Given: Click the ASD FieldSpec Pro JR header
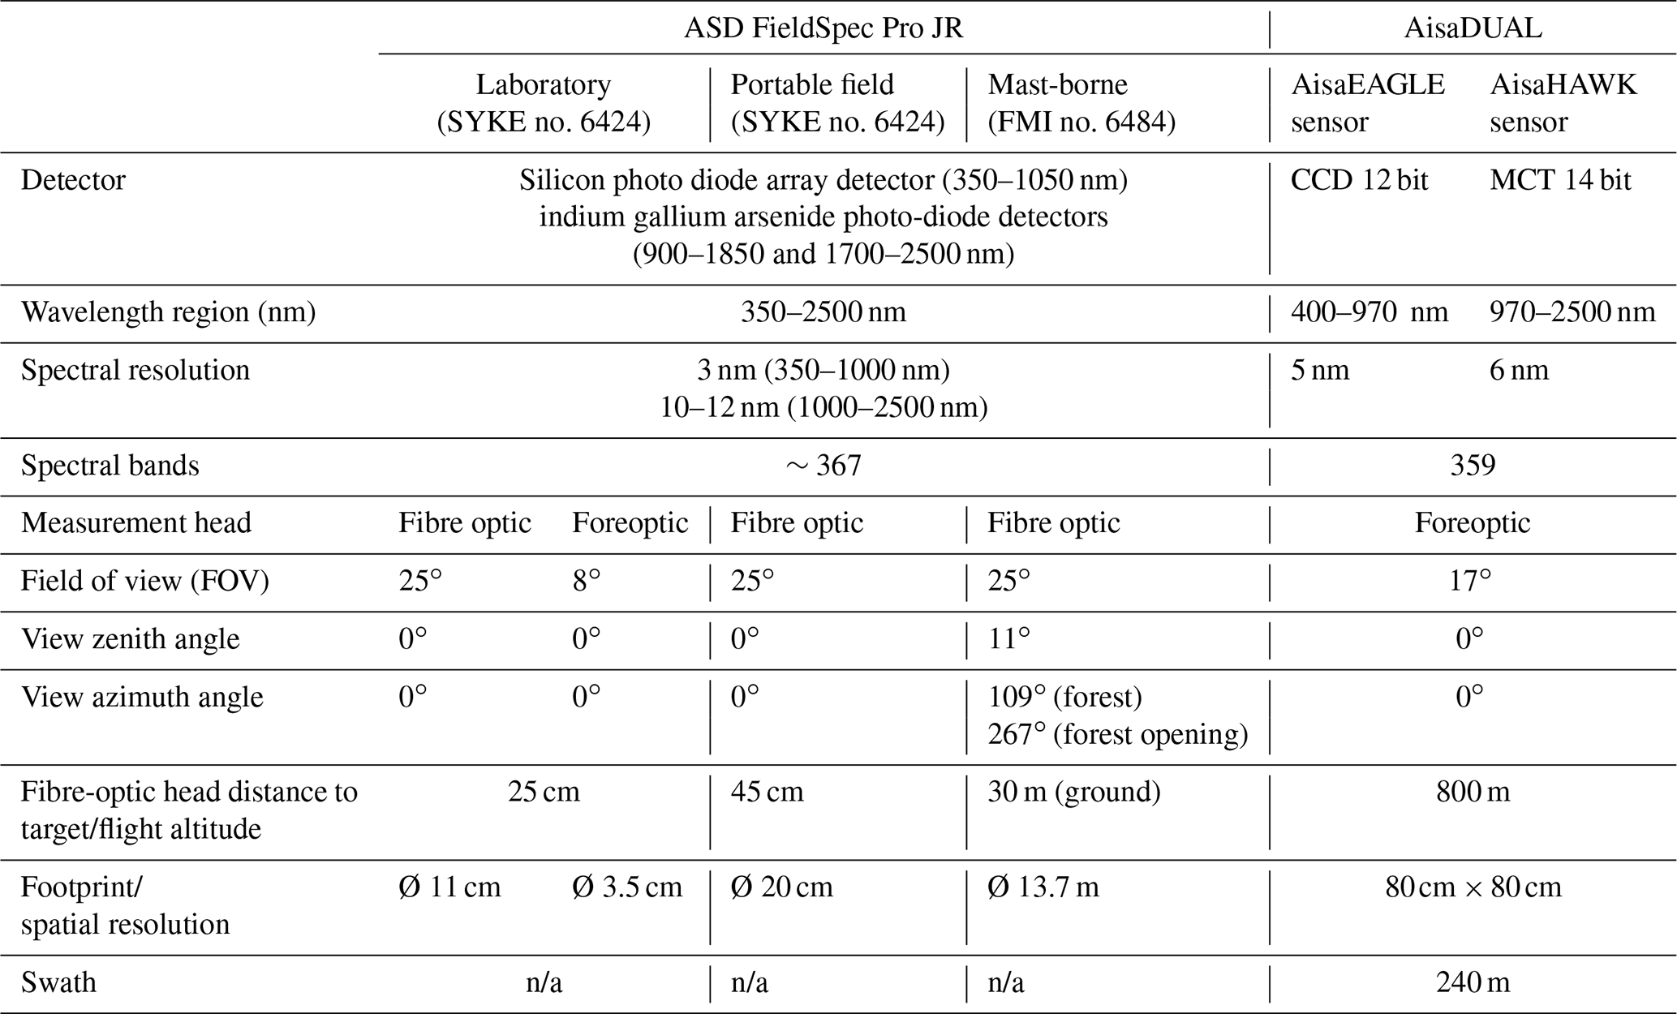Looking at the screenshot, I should tap(823, 28).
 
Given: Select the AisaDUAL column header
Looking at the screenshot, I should tap(1473, 28).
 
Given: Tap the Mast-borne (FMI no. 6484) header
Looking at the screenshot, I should tap(1081, 103).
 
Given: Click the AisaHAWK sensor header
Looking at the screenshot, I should tap(1563, 103).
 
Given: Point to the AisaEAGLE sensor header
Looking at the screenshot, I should tap(1368, 103).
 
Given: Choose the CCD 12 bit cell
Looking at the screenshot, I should tap(1359, 180).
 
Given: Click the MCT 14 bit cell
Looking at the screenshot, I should tap(1559, 180).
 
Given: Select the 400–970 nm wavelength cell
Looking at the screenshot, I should tap(1369, 312).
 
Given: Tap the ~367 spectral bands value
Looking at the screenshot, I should tap(823, 466).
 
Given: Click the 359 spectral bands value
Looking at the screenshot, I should tap(1473, 466).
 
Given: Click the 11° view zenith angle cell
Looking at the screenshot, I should tap(1008, 639).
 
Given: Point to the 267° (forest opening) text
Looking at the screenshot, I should tap(1117, 735).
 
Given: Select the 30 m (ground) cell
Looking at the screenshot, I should tap(1073, 792).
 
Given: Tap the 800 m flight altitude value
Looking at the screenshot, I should tap(1473, 792).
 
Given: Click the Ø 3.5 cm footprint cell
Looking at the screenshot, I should tap(627, 887).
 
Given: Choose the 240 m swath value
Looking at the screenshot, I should tap(1473, 983).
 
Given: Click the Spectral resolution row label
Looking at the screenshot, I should tap(135, 371).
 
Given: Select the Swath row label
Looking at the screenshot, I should tap(58, 983).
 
